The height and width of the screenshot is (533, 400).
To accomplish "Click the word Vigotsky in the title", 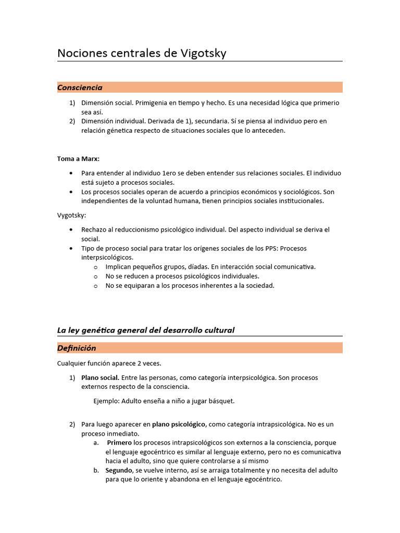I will pos(203,53).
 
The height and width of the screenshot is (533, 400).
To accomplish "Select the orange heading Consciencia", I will pos(80,87).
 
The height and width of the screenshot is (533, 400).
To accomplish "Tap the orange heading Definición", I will pos(77,348).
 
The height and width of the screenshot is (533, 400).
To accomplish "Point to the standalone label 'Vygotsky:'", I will pos(71,214).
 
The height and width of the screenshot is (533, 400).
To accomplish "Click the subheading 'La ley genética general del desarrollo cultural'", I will pos(146,330).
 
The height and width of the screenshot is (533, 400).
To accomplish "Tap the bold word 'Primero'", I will pos(119,442).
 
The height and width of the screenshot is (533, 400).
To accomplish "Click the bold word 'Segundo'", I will pos(119,470).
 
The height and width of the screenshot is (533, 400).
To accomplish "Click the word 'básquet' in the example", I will pos(223,401).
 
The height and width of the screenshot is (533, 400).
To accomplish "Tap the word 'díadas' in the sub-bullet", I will pos(187,266).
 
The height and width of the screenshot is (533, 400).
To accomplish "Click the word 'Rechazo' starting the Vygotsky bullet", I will pos(94,230).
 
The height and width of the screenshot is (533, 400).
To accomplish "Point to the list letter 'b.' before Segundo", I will pos(96,470).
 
